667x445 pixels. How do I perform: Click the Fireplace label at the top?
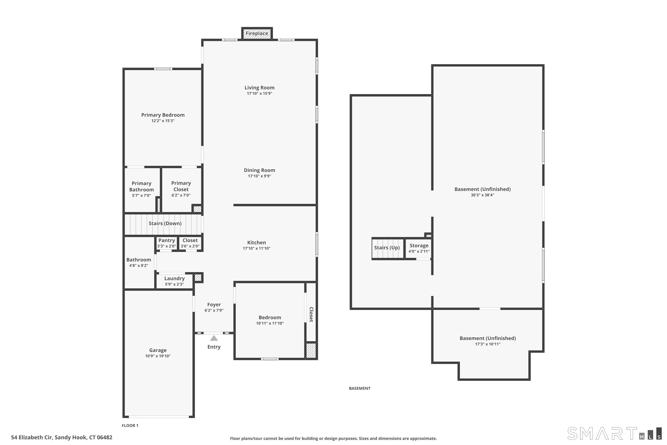[x=257, y=34]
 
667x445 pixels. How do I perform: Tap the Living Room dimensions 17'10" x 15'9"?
[x=259, y=93]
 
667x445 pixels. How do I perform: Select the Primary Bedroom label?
[x=163, y=115]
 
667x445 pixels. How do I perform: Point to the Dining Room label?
[x=259, y=170]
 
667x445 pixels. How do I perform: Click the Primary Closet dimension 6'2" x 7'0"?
[x=181, y=195]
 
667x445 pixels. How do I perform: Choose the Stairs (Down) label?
[x=165, y=223]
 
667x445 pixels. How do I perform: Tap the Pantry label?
[x=167, y=240]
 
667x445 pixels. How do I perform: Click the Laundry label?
[x=174, y=278]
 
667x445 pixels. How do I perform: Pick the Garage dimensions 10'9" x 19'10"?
[x=158, y=356]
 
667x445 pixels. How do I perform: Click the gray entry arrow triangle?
[x=214, y=338]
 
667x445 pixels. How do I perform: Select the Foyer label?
[x=214, y=305]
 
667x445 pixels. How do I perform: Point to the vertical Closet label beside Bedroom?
[x=311, y=314]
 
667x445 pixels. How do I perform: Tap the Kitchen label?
[x=256, y=243]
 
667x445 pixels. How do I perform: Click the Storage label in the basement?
[x=419, y=245]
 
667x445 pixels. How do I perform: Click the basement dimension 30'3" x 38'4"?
[x=482, y=195]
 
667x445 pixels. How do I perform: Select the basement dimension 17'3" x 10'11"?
[x=488, y=344]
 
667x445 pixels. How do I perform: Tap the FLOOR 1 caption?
[x=130, y=425]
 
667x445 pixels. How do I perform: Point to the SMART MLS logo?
[x=614, y=433]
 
